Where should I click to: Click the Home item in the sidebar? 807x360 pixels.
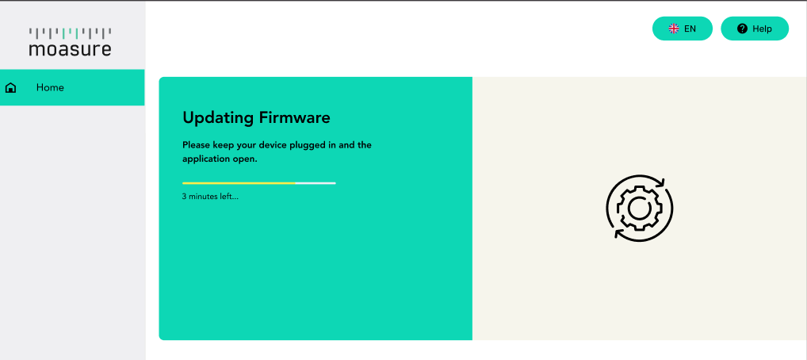click(72, 87)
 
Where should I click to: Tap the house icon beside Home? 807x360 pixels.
click(10, 87)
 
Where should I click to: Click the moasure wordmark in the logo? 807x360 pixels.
click(70, 49)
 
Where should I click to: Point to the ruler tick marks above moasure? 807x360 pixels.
click(70, 33)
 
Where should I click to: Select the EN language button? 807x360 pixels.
click(682, 29)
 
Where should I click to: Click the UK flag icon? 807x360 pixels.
click(674, 29)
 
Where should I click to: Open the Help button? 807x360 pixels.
click(755, 29)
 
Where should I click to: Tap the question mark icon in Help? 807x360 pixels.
click(742, 29)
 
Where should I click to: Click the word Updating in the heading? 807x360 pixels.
click(219, 118)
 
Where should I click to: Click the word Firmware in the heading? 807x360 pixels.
click(295, 117)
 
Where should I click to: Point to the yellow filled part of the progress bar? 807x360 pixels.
click(239, 183)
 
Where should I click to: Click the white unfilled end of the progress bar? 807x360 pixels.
click(316, 183)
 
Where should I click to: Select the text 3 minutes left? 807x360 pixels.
click(211, 196)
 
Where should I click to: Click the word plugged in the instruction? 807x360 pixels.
click(306, 145)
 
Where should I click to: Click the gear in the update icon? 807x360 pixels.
click(638, 208)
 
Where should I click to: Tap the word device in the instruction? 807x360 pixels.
click(271, 145)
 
